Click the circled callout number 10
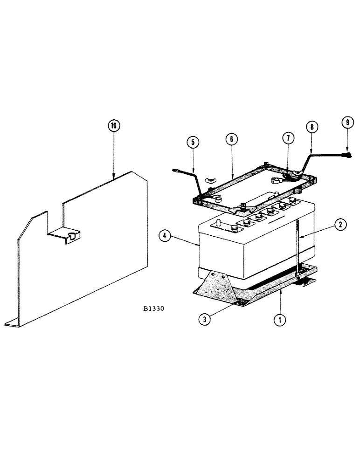point(114,126)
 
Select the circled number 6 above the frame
point(232,139)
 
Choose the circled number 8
point(311,127)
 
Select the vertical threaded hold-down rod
point(297,247)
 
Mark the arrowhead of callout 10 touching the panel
point(114,176)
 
